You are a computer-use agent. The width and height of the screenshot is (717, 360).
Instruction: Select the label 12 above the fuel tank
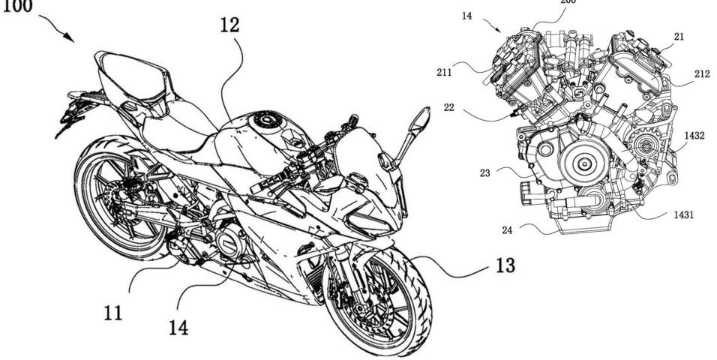pyautogui.click(x=230, y=25)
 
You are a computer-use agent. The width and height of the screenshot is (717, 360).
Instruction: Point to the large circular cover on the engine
pyautogui.click(x=583, y=161)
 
